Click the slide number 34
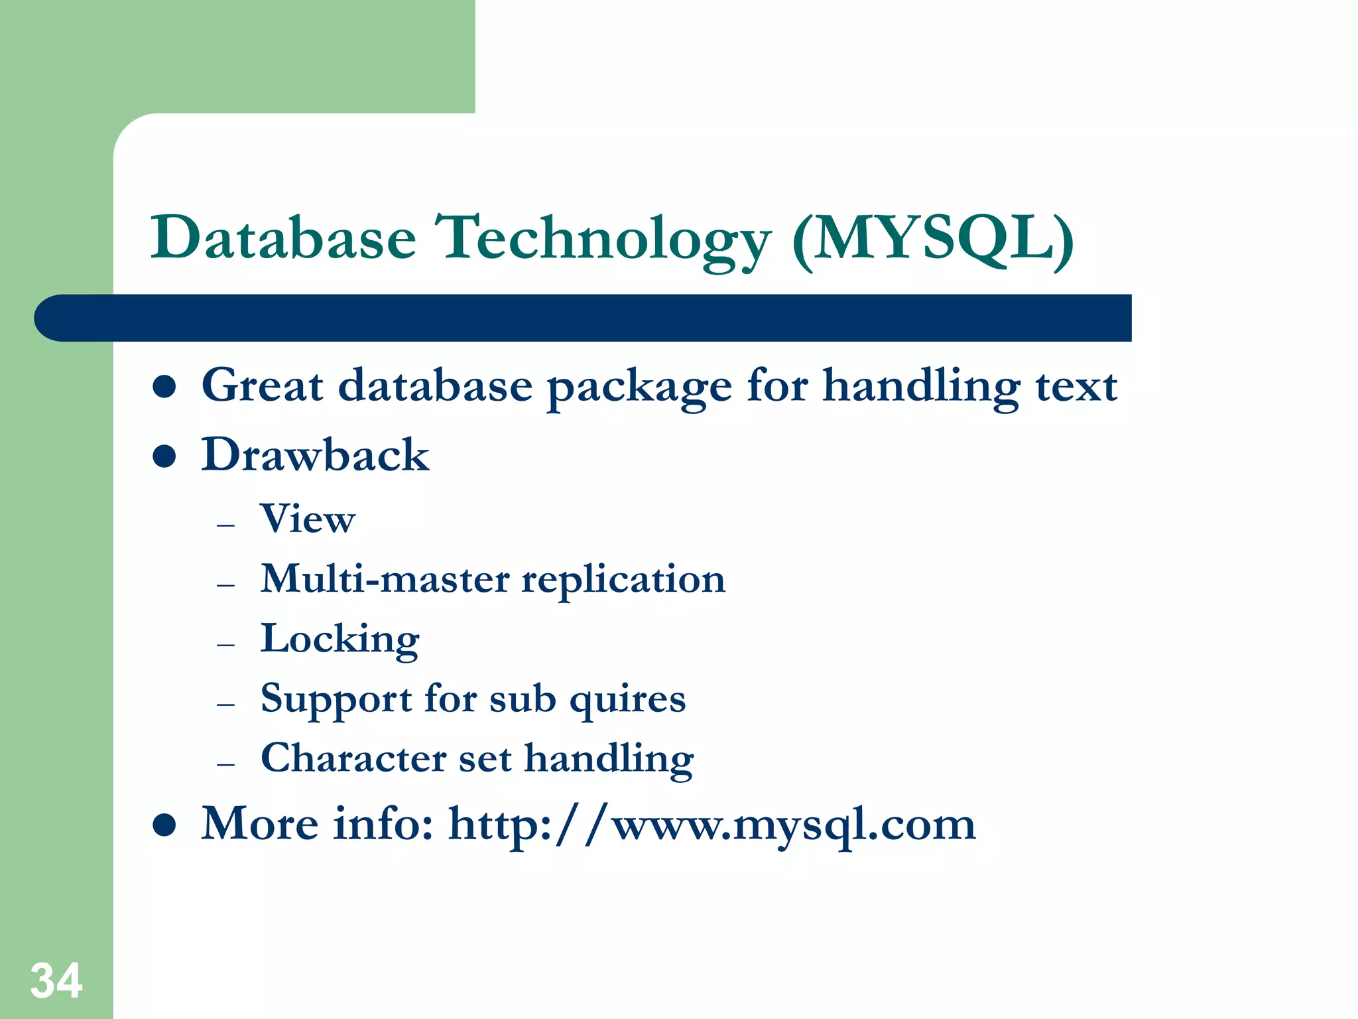click(x=56, y=981)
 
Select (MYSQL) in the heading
click(x=933, y=239)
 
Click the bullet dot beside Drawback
click(x=164, y=456)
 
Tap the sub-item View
click(x=308, y=519)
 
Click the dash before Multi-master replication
click(x=226, y=585)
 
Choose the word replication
click(x=623, y=580)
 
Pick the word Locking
click(x=339, y=640)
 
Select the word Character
click(x=353, y=758)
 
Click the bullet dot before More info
click(x=164, y=825)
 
